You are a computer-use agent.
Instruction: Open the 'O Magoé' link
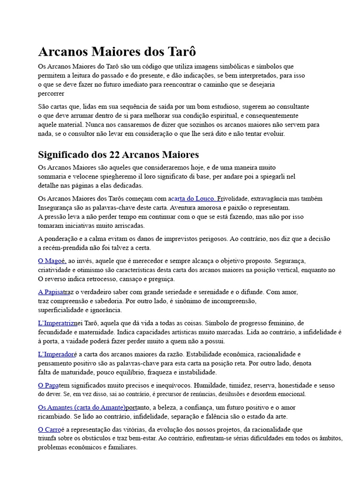point(52,261)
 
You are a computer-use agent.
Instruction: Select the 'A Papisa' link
point(53,292)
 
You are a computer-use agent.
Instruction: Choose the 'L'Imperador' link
point(55,354)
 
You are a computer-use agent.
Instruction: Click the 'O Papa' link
point(48,385)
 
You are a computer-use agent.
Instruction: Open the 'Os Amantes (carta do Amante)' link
point(82,407)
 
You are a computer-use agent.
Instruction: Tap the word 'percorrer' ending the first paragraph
point(51,93)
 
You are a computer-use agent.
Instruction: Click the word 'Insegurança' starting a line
point(56,207)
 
